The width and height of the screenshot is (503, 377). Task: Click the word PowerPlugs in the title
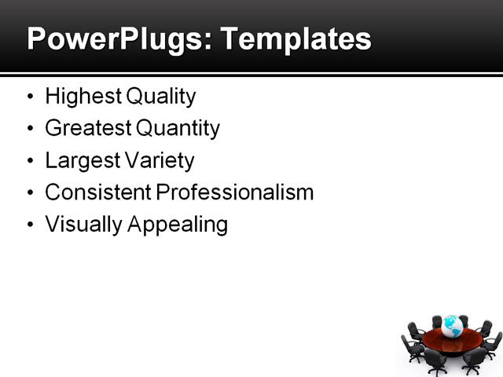[x=113, y=39]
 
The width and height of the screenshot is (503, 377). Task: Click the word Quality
[x=160, y=97]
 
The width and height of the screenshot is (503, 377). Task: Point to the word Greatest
[x=87, y=128]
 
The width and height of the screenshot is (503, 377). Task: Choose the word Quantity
[x=177, y=128]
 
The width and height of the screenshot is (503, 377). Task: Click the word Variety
[x=160, y=160]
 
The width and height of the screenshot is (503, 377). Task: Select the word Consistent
[x=97, y=192]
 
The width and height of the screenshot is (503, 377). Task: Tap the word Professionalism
[x=234, y=192]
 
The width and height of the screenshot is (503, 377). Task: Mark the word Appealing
[x=178, y=225]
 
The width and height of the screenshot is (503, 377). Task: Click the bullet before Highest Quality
[x=30, y=97]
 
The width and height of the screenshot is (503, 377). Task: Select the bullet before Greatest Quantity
[x=30, y=129]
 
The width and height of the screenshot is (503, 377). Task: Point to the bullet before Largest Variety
[x=30, y=161]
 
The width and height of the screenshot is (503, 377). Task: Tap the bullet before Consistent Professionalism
[x=30, y=193]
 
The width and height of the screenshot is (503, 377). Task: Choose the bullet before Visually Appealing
[x=30, y=225]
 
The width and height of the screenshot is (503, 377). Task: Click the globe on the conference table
[x=451, y=326]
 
